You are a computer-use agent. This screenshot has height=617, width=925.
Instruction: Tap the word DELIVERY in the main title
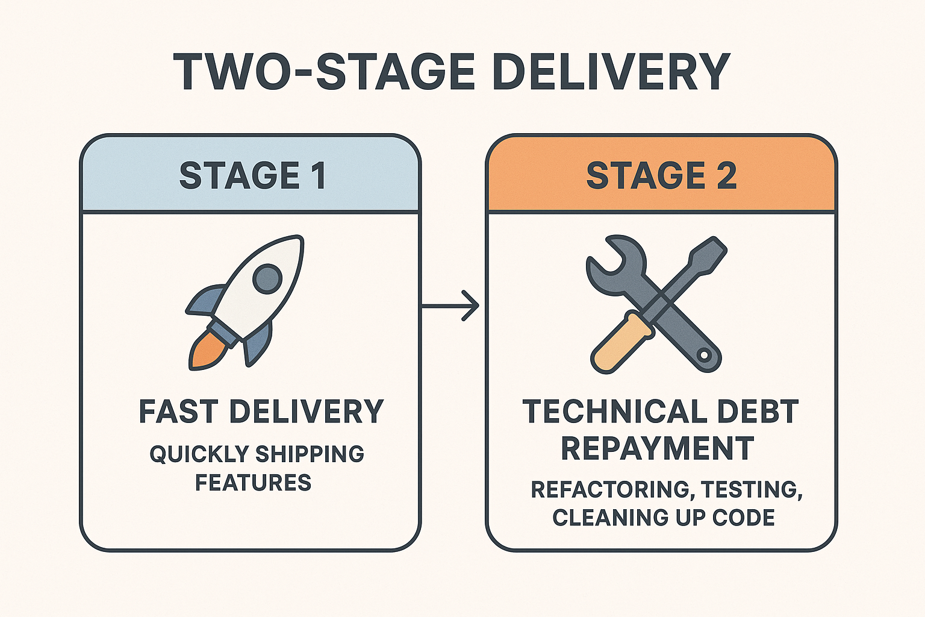point(611,72)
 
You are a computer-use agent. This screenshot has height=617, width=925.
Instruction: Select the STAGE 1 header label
point(252,176)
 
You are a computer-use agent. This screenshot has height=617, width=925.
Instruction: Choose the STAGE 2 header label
point(661,176)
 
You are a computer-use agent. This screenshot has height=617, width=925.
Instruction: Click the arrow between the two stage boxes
point(450,306)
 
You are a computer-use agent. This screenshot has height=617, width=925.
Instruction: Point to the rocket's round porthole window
point(267,278)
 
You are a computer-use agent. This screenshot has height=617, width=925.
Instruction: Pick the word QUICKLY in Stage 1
point(199,454)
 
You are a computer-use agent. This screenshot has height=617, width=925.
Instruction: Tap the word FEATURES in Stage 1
point(253,483)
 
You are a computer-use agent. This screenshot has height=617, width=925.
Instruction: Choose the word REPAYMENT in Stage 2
point(658,448)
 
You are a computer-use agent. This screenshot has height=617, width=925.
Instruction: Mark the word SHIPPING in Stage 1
point(310,454)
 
